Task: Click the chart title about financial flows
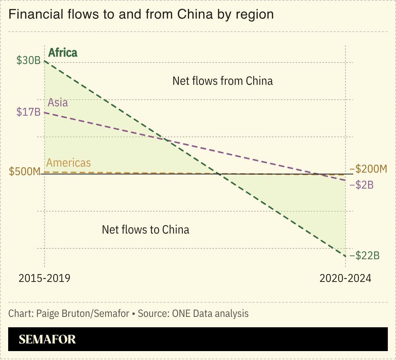pos(141,14)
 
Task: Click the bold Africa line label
pos(63,53)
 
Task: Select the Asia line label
pos(58,102)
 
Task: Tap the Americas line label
pos(68,163)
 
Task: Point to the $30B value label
pos(28,60)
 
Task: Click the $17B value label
pos(28,112)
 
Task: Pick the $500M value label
pos(25,172)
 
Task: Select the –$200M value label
pos(368,169)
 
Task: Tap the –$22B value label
pos(364,256)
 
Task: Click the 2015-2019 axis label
pos(44,278)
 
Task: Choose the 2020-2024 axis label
pos(345,278)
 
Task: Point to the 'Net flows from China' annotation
pos(223,81)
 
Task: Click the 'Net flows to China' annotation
pos(146,229)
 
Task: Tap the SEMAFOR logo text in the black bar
pos(47,339)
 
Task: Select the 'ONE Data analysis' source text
pos(210,314)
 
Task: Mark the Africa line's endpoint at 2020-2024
pos(345,256)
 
